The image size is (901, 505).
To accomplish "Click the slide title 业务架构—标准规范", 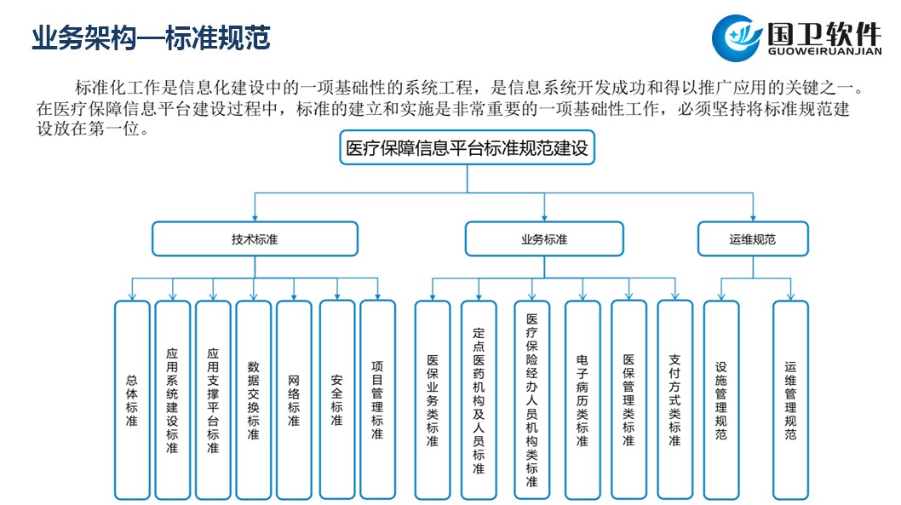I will (x=151, y=38).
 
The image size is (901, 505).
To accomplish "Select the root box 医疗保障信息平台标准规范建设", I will (x=467, y=147).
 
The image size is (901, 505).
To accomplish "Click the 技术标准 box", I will (x=255, y=239).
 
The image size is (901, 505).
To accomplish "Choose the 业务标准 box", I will (x=543, y=239).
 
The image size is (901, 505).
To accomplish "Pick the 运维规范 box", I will (x=753, y=239).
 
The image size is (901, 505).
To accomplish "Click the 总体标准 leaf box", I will (x=132, y=399).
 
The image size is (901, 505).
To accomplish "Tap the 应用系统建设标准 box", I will (x=172, y=399).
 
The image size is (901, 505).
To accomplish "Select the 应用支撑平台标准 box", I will (x=213, y=399).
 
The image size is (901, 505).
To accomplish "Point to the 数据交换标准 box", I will (x=253, y=399).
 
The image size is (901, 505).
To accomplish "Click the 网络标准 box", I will (x=294, y=399).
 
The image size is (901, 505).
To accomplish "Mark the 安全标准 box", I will (x=336, y=399).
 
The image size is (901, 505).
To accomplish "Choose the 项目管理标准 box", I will (x=377, y=399).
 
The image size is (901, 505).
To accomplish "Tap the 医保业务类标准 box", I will (x=432, y=399).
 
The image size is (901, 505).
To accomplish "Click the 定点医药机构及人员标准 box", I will (x=479, y=399).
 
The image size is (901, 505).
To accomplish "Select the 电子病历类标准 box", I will (x=582, y=399).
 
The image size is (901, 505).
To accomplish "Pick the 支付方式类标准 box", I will (x=674, y=399).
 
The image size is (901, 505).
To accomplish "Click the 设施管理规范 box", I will (x=721, y=399).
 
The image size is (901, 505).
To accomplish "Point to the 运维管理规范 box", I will (x=790, y=399).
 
